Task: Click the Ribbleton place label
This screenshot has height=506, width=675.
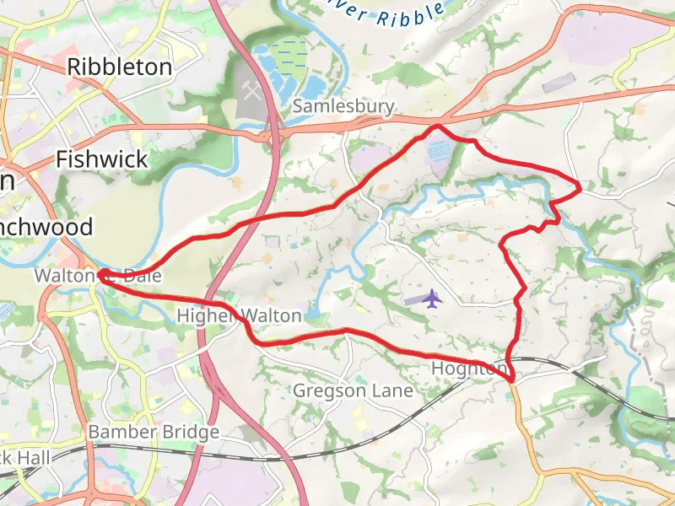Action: click(119, 67)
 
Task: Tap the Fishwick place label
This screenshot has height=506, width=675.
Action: click(101, 159)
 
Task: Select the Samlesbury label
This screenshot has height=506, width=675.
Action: click(343, 106)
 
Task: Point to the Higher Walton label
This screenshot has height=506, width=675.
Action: click(239, 316)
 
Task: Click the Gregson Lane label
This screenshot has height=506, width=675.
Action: click(353, 390)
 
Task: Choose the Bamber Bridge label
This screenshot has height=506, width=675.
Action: click(154, 432)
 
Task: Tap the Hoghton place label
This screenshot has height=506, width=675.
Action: click(469, 369)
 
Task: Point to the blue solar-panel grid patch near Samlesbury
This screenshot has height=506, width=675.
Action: click(439, 153)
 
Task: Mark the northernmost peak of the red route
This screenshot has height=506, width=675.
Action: click(436, 126)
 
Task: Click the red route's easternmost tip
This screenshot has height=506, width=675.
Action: click(580, 189)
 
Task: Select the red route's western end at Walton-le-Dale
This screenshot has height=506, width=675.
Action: click(100, 274)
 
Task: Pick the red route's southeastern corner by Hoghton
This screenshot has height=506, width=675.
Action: click(512, 379)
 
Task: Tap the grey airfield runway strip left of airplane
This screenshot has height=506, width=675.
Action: click(413, 300)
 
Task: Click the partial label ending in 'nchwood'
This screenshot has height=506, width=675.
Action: click(46, 228)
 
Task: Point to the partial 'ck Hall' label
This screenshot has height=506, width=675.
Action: click(25, 458)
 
